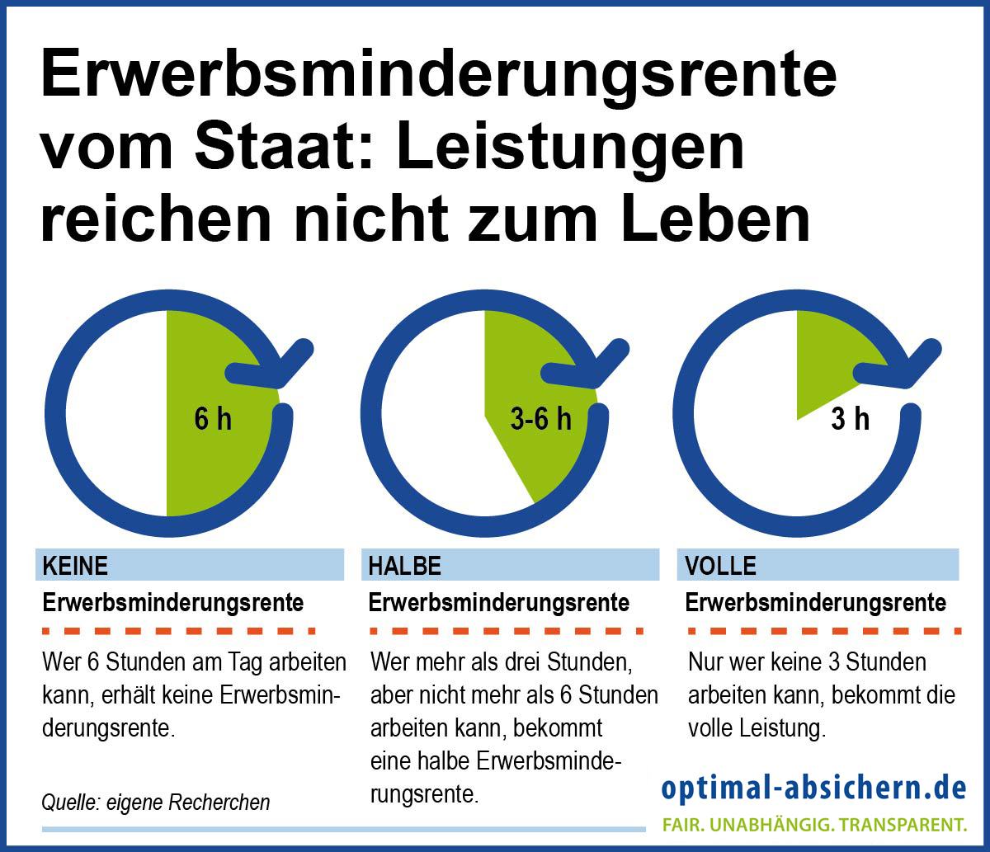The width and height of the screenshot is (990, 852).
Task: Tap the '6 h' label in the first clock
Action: click(213, 419)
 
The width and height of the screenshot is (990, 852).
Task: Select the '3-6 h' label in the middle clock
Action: click(540, 419)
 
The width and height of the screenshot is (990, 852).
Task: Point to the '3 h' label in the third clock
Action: click(850, 419)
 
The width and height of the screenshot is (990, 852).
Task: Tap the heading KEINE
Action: click(75, 566)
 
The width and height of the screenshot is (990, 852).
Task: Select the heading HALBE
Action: click(405, 566)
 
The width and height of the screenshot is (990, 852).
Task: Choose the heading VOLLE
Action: click(721, 566)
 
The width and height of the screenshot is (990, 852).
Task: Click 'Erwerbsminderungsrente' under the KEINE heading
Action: click(173, 603)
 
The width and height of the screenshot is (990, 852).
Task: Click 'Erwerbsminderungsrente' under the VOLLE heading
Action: click(816, 603)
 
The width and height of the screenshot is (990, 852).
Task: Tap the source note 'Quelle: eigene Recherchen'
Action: click(156, 802)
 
